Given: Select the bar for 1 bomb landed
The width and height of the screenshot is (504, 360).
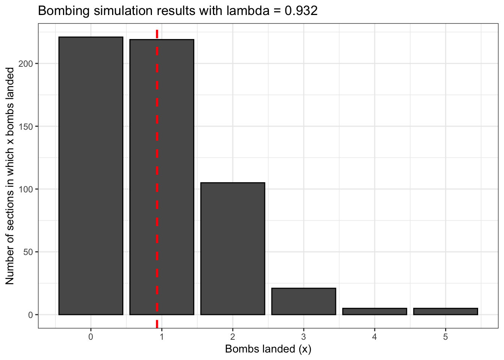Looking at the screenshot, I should click(x=176, y=176).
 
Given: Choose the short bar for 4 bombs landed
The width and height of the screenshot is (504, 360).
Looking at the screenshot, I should click(x=374, y=311).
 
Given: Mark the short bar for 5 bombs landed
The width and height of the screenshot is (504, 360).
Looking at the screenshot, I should click(x=445, y=311).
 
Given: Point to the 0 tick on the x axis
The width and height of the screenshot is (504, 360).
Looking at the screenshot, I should click(x=91, y=337).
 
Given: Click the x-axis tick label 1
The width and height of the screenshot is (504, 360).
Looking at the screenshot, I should click(x=162, y=337).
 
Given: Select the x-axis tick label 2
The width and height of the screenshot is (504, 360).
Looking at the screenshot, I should click(x=232, y=337).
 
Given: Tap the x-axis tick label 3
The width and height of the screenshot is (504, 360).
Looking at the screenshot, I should click(x=303, y=337).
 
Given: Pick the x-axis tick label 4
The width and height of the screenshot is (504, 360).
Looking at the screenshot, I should click(x=374, y=337).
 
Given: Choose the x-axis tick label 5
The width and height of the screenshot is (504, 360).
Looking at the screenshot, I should click(x=445, y=337).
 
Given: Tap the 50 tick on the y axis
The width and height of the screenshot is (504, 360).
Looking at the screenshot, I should click(x=30, y=252).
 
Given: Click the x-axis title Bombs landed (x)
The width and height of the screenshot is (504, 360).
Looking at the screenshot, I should click(x=268, y=349).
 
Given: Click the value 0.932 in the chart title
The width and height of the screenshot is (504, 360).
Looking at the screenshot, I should click(x=301, y=11).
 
